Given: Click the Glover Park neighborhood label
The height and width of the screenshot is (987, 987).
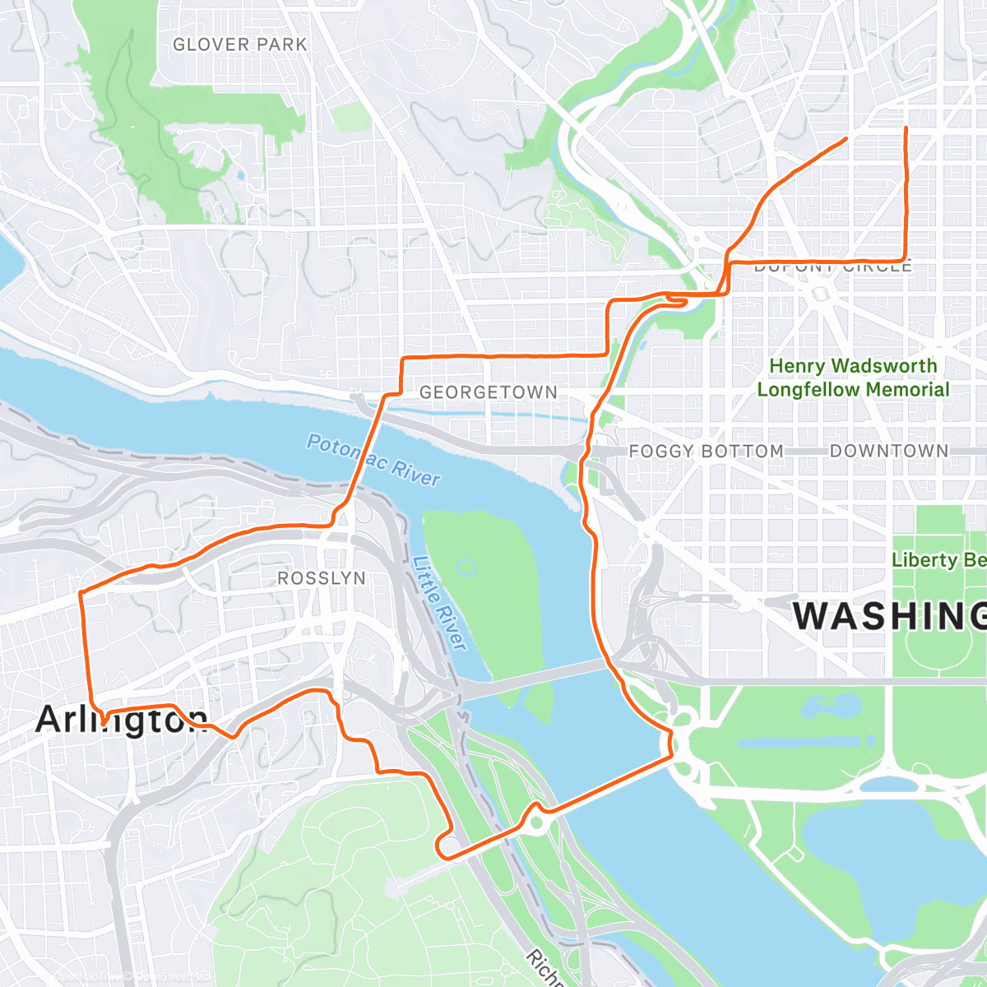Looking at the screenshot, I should pos(239,44).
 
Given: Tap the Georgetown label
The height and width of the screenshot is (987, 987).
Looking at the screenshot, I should pos(489,392).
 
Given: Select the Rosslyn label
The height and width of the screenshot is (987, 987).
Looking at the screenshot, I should pos(321,578).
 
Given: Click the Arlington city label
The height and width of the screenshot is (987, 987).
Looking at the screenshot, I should pos(121,720).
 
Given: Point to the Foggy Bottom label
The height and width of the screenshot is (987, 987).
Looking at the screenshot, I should pos(706,451).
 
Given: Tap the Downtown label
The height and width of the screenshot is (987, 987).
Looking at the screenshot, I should pos(888,451).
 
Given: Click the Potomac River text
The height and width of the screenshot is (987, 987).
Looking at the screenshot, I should pos(373,460).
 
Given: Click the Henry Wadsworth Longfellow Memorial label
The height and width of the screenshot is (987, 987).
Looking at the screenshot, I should pos(853,378).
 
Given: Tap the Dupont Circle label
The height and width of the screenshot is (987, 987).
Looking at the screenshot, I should pos(832,266).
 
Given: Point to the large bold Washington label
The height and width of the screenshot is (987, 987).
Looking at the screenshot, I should pos(888,616).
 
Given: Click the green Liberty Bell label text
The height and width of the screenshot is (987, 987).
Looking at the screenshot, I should pos(938,560).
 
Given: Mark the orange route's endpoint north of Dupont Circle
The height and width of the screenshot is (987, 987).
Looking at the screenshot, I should pos(906,129).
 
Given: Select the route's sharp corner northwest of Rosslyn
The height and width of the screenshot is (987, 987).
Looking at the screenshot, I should pos(81,592).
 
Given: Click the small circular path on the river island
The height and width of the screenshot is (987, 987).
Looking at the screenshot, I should pos(467,567).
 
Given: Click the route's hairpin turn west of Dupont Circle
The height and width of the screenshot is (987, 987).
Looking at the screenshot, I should pos(683,301).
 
